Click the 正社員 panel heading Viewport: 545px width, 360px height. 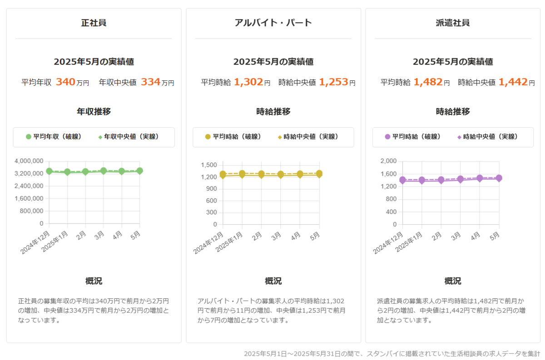tap(94, 23)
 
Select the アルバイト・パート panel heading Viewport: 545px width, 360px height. tap(273, 23)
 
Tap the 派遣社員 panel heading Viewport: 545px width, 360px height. tap(452, 23)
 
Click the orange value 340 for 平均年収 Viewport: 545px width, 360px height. tap(65, 82)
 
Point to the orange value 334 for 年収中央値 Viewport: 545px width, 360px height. tap(150, 82)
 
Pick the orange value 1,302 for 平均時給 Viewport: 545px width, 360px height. tap(248, 82)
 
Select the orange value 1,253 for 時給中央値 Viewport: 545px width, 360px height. tap(333, 82)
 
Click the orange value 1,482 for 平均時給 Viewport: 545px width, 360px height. tap(428, 82)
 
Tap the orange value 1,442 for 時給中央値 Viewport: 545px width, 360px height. tap(513, 82)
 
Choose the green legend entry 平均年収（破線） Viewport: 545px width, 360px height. tap(54, 137)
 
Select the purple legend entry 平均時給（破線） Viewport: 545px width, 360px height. tap(413, 137)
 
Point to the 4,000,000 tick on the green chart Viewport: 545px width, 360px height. tap(29, 161)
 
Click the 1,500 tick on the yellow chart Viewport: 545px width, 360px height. tap(209, 165)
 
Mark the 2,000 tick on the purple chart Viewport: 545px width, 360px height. tap(389, 161)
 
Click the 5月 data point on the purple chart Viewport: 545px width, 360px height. tap(499, 178)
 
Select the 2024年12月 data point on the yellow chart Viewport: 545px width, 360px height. tap(223, 175)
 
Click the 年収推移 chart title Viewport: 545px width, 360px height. tap(94, 112)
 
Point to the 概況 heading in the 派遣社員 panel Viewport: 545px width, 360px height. tap(452, 281)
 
